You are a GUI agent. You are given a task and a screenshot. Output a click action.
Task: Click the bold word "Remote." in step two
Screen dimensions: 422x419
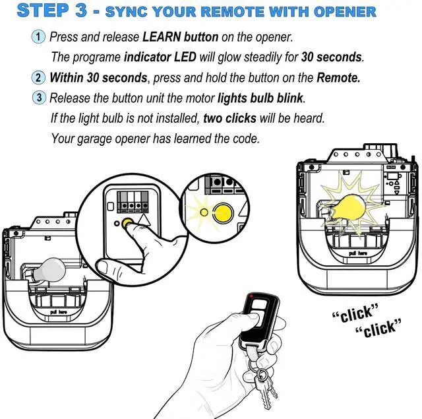[338, 77]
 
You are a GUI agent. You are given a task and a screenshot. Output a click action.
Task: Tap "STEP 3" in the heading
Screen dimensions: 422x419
[51, 11]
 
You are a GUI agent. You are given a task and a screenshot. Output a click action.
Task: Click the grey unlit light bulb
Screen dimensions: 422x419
[49, 270]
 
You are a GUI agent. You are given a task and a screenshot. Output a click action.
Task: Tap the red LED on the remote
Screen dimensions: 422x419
[251, 296]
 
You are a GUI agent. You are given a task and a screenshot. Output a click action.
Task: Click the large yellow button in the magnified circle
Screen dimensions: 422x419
[224, 212]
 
